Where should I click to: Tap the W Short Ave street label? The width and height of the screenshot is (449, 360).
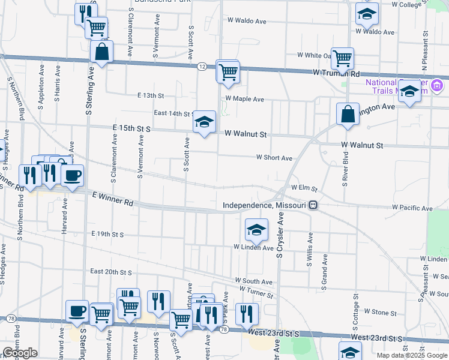point(274,158)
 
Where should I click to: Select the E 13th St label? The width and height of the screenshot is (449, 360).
point(150,95)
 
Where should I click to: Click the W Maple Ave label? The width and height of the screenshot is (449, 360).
point(245,99)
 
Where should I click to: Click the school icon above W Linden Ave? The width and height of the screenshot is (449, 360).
point(256,229)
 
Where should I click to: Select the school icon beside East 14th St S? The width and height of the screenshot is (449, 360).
point(204,122)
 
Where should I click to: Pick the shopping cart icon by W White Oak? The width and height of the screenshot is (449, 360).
point(342,58)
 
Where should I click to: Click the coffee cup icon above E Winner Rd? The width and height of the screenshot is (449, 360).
point(72,175)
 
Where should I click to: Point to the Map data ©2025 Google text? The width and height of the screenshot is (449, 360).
point(411,355)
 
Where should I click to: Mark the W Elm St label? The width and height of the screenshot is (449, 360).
point(304,188)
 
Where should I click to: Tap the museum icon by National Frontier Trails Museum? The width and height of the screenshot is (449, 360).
point(438,86)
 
